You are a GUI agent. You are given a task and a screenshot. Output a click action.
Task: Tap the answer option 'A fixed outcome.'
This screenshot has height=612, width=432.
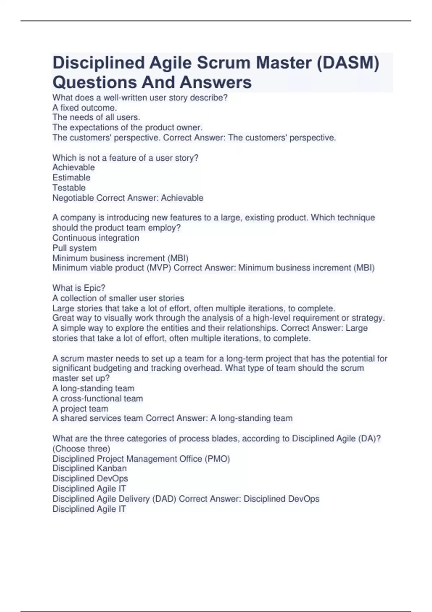[85, 108]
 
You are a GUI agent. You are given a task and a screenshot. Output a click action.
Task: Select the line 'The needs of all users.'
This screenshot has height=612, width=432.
[96, 117]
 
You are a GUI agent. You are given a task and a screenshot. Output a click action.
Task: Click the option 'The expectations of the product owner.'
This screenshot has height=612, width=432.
[127, 127]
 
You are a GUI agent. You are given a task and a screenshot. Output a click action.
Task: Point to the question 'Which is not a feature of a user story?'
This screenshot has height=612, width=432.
[125, 158]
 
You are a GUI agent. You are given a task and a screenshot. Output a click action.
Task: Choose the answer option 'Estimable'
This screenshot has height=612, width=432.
[71, 177]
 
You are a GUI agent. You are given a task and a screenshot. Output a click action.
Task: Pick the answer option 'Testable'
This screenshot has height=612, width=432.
[69, 188]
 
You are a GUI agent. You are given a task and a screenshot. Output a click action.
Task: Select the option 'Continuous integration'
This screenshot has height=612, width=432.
[95, 238]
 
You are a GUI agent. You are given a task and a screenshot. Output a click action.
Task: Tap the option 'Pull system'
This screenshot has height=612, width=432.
[74, 248]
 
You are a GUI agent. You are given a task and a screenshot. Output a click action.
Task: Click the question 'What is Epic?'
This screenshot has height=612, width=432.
[78, 288]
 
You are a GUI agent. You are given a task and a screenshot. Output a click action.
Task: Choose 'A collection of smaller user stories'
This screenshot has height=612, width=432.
[118, 298]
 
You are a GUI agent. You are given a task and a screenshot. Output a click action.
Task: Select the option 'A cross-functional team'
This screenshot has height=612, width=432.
[98, 399]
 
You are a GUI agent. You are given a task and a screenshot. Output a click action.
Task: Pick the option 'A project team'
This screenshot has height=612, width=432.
[80, 409]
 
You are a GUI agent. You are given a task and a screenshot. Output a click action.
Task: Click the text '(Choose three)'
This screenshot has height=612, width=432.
[81, 449]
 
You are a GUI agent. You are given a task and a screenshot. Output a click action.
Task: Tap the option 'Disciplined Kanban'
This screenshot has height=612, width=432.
[89, 468]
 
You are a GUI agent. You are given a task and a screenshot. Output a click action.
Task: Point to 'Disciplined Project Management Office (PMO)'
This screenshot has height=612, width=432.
[141, 459]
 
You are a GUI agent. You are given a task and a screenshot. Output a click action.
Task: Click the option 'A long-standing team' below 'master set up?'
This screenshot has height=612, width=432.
[93, 388]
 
